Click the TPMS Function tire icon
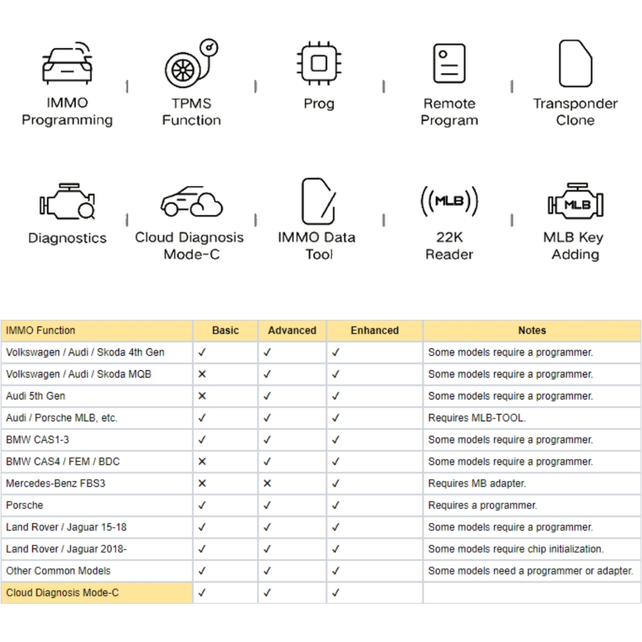[192, 63]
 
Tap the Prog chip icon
[319, 63]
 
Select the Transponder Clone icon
[575, 63]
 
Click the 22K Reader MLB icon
[449, 201]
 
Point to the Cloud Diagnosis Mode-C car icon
[192, 201]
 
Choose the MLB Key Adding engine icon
[575, 201]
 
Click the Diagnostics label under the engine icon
[67, 238]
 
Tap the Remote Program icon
[449, 63]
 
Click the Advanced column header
[292, 330]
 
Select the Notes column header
[532, 330]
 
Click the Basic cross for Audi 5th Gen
[202, 396]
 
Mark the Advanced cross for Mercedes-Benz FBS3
[267, 483]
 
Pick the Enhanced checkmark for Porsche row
[336, 505]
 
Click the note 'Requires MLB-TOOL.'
[477, 418]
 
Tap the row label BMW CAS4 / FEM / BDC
[63, 462]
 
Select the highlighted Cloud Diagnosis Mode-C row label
[62, 593]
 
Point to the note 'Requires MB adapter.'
[477, 483]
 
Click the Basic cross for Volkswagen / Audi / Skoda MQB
[202, 374]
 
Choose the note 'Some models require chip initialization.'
[516, 549]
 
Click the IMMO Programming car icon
[67, 63]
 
